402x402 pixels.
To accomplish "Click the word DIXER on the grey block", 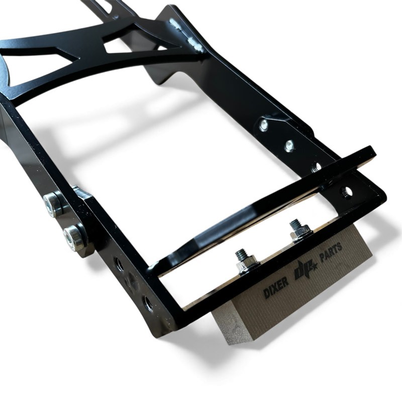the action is coord(276,289).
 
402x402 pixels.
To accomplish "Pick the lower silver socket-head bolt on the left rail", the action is coord(72,238).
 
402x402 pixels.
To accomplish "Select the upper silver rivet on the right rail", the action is coord(264,124).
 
